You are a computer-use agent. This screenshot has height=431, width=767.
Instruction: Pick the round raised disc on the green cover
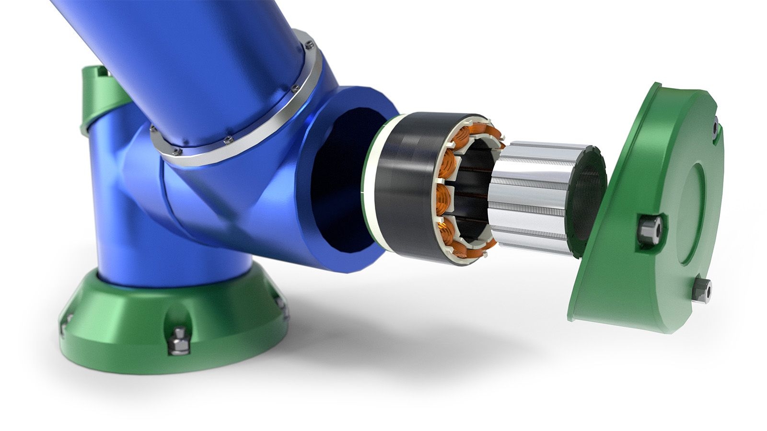click(695, 211)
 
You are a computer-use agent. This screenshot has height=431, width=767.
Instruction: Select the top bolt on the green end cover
click(715, 128)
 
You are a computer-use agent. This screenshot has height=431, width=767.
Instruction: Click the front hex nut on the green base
click(180, 340)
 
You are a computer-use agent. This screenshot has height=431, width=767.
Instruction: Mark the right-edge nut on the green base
click(283, 306)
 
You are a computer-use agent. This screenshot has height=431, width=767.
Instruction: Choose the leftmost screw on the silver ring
click(153, 129)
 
